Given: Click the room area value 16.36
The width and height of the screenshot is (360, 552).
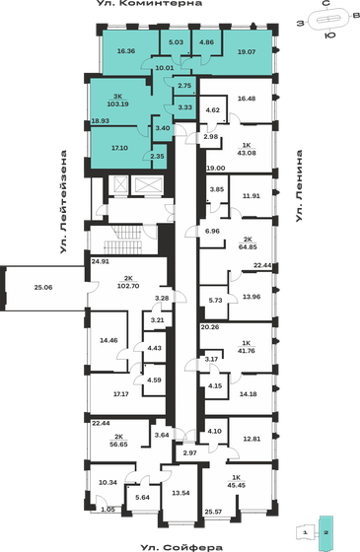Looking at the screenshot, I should [125, 50].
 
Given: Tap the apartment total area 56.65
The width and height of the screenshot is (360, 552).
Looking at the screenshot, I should [123, 444].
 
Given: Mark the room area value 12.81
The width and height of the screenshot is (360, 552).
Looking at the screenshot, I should [252, 438].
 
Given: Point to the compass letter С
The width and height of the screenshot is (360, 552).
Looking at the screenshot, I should [325, 5].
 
